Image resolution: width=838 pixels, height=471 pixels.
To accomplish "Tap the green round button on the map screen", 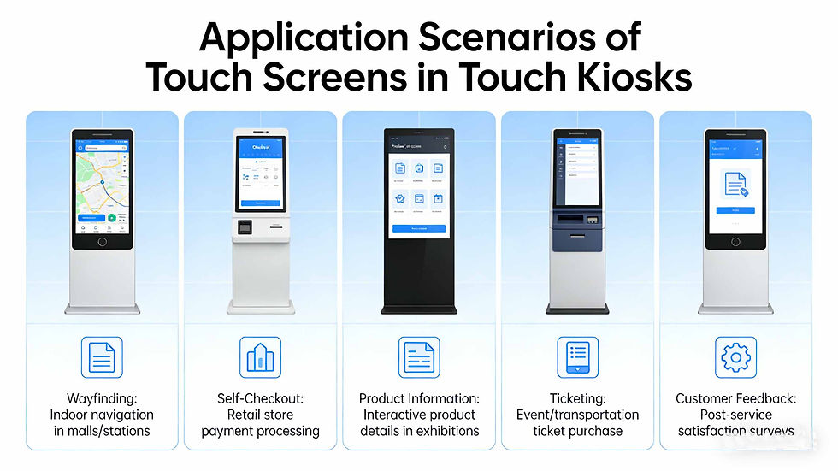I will pos(112,218).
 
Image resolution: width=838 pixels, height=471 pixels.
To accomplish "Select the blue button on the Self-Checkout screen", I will pos(260,203).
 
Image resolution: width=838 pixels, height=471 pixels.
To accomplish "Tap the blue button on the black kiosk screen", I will pos(418,229).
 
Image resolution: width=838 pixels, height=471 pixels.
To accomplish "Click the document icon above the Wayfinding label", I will pos(102,357).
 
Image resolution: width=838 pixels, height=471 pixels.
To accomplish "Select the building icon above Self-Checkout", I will pos(260,357).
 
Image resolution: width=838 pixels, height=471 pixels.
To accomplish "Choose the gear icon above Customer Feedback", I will pos(735,357).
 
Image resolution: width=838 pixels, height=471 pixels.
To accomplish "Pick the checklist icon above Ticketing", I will pos(577,357).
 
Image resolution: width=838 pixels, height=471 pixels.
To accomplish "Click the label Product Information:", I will pos(419,399).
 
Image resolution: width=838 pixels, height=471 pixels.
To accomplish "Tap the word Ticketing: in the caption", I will pos(577,399).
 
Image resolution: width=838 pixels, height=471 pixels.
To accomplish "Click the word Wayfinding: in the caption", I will pos(102,399).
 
